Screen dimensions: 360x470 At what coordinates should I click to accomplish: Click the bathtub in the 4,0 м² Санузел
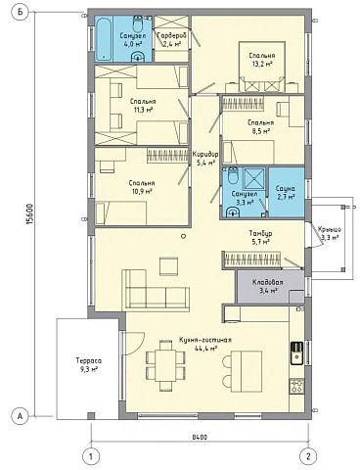tap(104, 38)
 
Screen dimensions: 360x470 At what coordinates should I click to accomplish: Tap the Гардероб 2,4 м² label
tap(169, 39)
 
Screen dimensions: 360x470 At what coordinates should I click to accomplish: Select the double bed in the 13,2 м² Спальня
tap(262, 67)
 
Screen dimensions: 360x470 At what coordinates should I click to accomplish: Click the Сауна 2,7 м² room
tap(286, 192)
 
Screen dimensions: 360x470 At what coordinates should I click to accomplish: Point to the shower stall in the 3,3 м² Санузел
tap(254, 178)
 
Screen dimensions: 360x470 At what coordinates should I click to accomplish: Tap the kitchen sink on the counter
tap(296, 352)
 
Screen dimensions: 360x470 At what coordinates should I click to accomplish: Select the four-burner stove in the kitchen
tap(296, 387)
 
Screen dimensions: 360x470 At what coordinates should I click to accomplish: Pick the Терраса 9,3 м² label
tap(88, 365)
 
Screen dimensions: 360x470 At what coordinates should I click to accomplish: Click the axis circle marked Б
tap(21, 13)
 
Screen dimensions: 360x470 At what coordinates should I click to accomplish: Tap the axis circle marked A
tap(21, 416)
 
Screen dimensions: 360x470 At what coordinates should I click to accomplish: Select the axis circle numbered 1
tap(91, 455)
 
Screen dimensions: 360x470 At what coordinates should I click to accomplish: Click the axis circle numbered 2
tap(308, 455)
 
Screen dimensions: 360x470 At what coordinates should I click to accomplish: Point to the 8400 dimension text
tap(200, 437)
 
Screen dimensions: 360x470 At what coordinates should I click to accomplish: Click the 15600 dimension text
tap(29, 214)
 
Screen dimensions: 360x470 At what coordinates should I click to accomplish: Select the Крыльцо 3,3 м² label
tap(330, 233)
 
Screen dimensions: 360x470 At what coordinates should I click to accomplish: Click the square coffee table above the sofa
tap(168, 266)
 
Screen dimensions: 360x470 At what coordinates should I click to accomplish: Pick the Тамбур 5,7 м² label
tap(260, 238)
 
